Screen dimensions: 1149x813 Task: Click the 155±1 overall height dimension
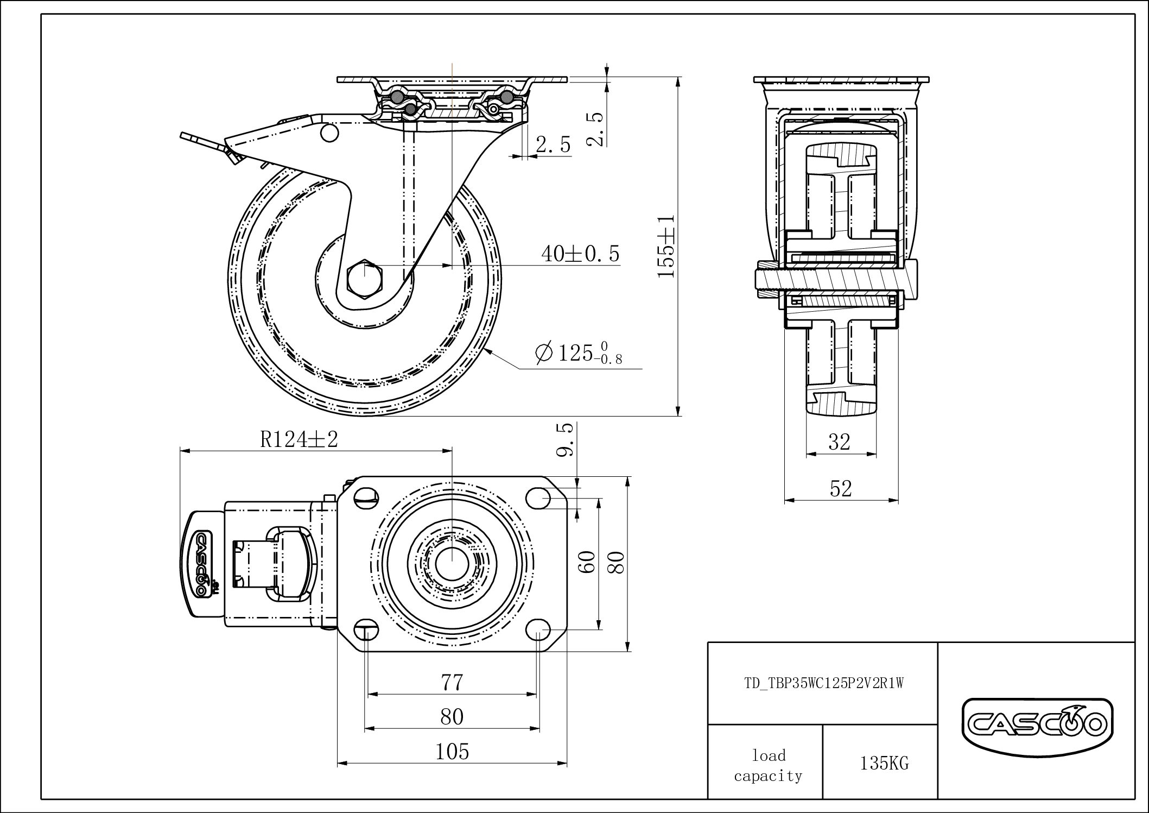[666, 246]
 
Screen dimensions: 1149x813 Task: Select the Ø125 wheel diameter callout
[579, 353]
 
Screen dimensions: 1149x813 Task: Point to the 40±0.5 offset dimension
[580, 254]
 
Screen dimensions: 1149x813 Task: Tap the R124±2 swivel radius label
[299, 439]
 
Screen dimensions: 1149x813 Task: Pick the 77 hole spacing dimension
[452, 682]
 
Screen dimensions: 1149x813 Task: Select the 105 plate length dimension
[452, 752]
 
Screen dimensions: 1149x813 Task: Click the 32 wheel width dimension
[839, 442]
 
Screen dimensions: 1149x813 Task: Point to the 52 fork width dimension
[841, 489]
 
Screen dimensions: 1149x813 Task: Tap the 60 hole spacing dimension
[588, 561]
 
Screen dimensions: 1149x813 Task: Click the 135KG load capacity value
[884, 764]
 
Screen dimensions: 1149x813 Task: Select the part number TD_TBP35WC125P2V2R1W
[823, 683]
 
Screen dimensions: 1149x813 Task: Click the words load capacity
[768, 766]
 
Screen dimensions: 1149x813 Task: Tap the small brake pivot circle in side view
[329, 134]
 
